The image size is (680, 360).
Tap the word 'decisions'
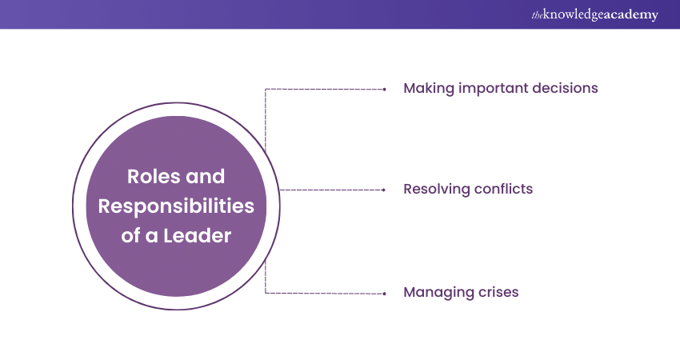tap(566, 88)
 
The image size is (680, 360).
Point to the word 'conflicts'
tap(503, 190)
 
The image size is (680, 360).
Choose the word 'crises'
tap(496, 293)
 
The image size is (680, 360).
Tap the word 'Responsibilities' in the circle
tap(176, 206)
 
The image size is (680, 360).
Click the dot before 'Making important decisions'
tap(385, 88)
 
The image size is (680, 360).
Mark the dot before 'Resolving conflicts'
tap(385, 190)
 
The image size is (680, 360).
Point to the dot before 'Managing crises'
tap(385, 294)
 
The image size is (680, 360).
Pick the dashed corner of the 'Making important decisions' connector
tap(266, 89)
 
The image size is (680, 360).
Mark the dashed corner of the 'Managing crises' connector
tap(266, 293)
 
